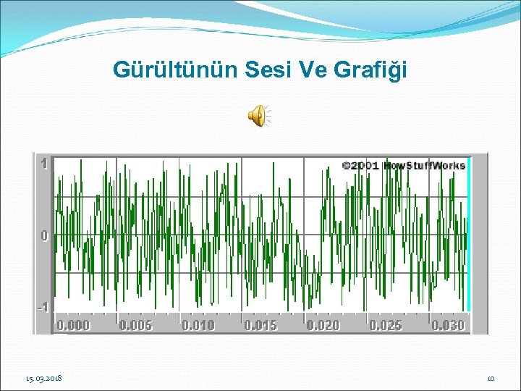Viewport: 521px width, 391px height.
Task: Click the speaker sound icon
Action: tap(258, 114)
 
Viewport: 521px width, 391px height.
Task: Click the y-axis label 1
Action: tap(44, 164)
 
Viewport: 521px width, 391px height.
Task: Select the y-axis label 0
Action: tap(44, 236)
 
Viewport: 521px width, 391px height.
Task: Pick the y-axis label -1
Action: tap(43, 307)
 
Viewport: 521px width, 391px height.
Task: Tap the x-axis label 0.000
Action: tap(74, 325)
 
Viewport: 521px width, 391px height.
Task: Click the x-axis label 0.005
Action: tap(136, 325)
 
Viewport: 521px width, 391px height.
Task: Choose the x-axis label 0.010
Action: tap(198, 325)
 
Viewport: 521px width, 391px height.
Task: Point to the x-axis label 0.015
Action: tap(260, 325)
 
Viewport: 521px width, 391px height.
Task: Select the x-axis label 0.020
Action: tap(323, 325)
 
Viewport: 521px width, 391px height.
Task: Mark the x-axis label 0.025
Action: tap(386, 325)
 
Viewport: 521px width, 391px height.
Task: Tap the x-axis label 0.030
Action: tap(448, 325)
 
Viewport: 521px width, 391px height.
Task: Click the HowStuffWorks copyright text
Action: tap(403, 165)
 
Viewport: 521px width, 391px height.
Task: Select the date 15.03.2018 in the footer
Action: tap(43, 378)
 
